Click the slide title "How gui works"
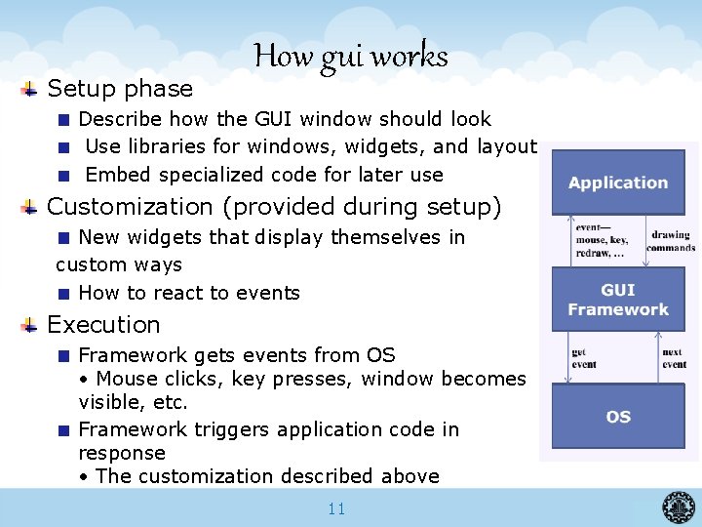351,57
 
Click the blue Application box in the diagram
617,182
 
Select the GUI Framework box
617,300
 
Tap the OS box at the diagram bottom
617,417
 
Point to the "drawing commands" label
670,241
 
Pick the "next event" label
674,358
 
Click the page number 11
336,508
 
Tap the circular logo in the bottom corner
680,507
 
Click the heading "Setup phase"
120,89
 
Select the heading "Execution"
103,325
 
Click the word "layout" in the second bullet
507,146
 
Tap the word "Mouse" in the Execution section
125,379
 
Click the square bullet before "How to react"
62,293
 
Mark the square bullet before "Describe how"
62,119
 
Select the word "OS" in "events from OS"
380,355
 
